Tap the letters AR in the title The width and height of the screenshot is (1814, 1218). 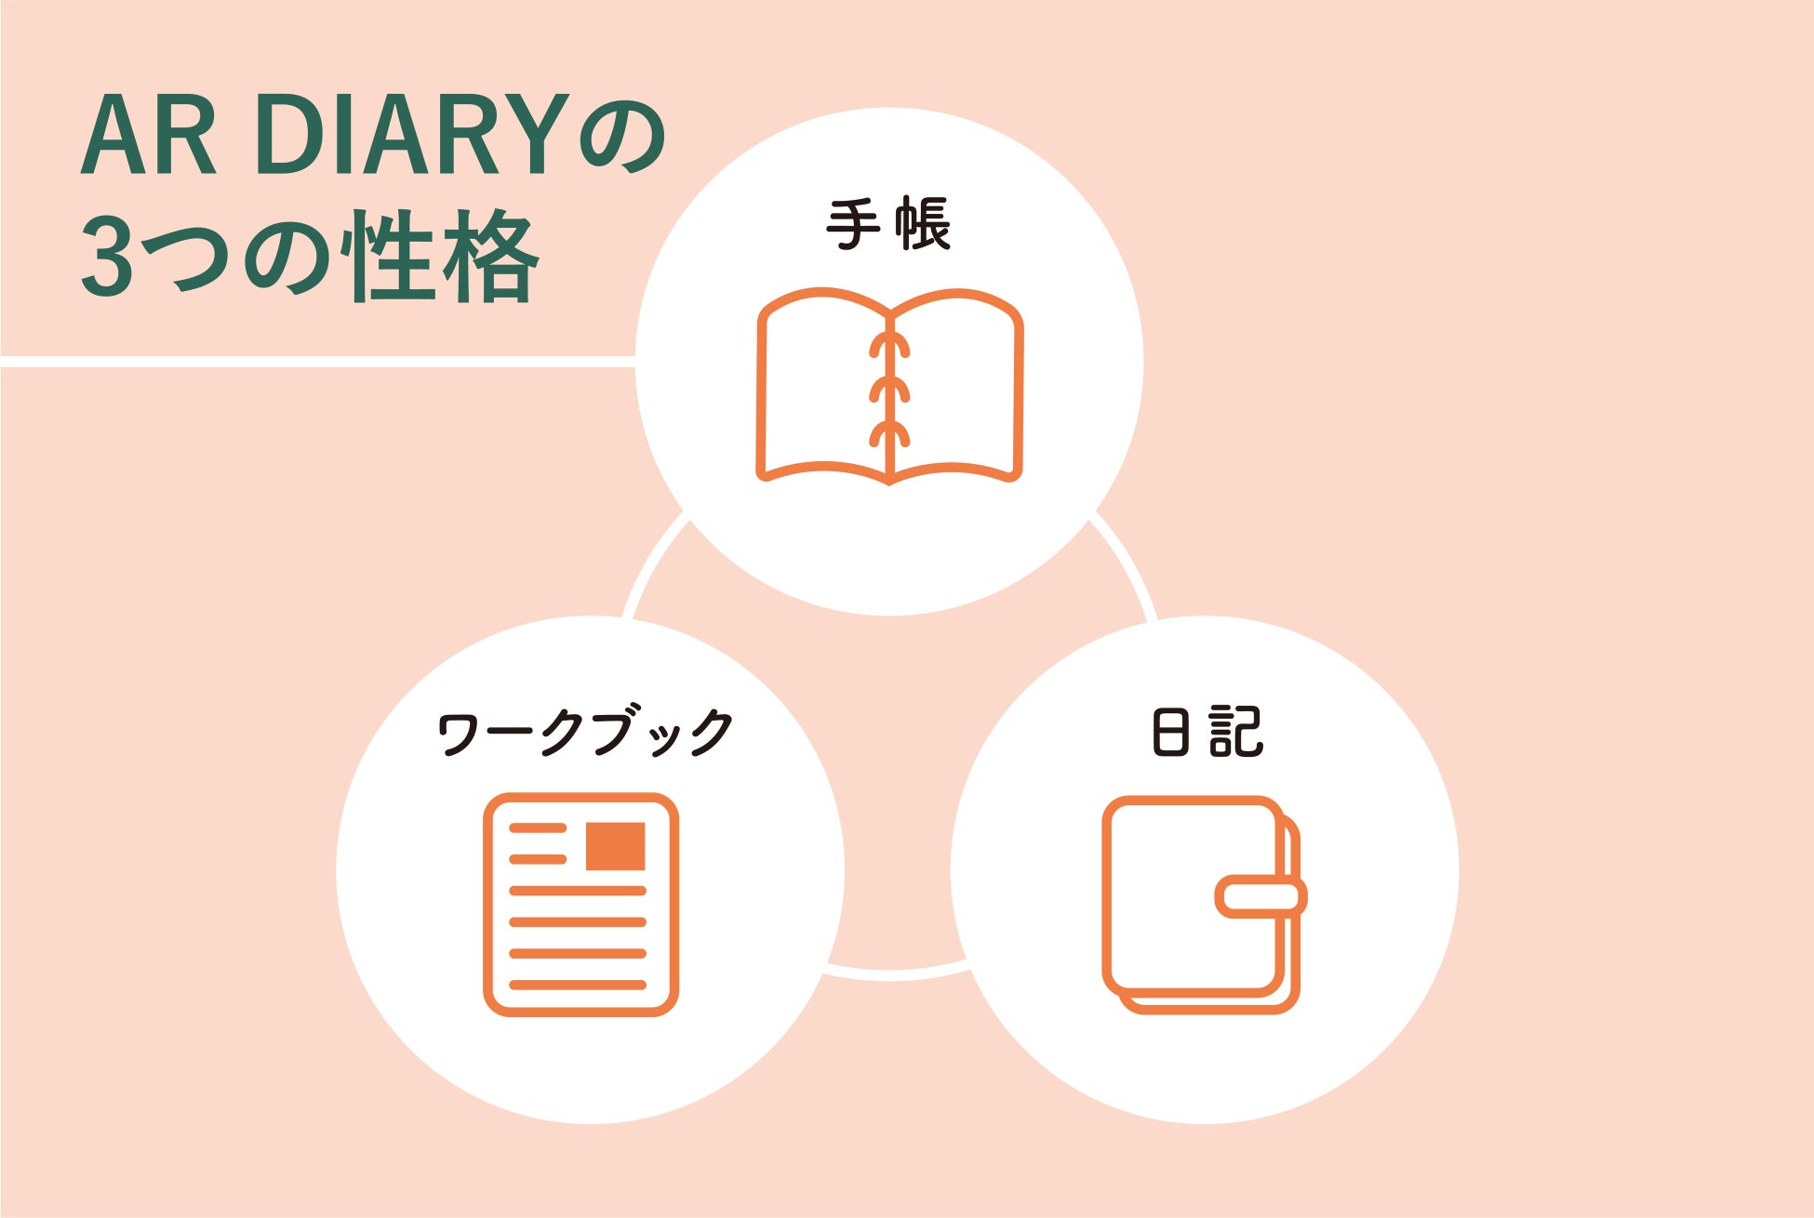coord(149,137)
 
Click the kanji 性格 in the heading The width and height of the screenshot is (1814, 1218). coord(439,256)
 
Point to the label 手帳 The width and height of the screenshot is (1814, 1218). coord(888,224)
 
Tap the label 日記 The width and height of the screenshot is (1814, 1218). coord(1207,732)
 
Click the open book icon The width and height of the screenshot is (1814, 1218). coord(889,387)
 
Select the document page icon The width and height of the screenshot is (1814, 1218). coord(580,904)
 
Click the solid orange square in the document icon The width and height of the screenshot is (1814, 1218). coord(615,846)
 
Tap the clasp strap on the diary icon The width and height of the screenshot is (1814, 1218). coord(1260,896)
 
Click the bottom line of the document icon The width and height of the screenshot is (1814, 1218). coord(578,985)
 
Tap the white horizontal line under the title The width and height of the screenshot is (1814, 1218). coord(316,361)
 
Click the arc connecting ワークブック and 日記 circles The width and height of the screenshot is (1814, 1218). coord(893,973)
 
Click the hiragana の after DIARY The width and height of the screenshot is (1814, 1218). coord(621,137)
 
